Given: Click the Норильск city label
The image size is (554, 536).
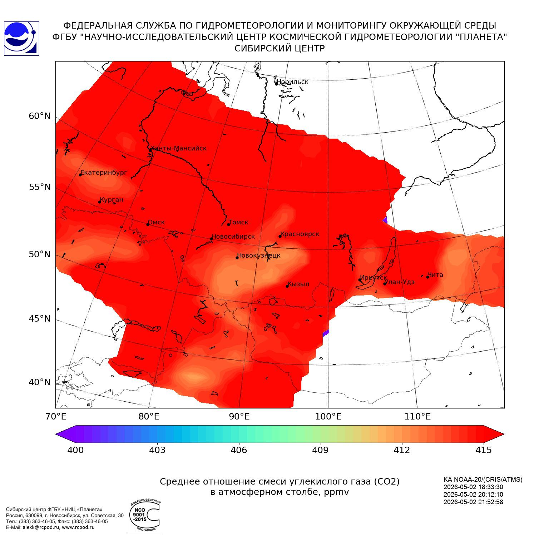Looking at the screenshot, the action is pyautogui.click(x=292, y=82).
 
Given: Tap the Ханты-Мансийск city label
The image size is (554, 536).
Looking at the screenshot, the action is pyautogui.click(x=179, y=148).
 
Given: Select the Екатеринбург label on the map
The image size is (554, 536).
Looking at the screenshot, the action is pyautogui.click(x=104, y=173).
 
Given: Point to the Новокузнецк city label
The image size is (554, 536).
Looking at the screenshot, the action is pyautogui.click(x=259, y=255).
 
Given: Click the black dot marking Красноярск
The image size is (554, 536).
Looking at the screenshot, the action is pyautogui.click(x=280, y=236).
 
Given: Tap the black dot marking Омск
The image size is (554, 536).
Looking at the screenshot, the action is pyautogui.click(x=148, y=224).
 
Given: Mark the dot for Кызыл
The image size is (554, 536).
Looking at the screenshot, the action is pyautogui.click(x=287, y=286).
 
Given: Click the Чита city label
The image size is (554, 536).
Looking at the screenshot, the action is pyautogui.click(x=435, y=275).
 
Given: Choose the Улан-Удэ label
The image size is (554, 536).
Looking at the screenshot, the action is pyautogui.click(x=400, y=282).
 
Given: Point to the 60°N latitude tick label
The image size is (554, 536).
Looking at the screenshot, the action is pyautogui.click(x=40, y=116).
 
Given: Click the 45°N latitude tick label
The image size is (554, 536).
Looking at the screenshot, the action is pyautogui.click(x=40, y=318).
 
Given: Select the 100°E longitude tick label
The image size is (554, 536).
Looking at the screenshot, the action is pyautogui.click(x=328, y=416).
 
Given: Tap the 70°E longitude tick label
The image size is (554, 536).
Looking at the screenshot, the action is pyautogui.click(x=56, y=416).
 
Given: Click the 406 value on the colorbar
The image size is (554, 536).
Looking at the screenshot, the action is pyautogui.click(x=239, y=450).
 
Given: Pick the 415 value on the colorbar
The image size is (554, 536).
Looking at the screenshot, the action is pyautogui.click(x=484, y=450).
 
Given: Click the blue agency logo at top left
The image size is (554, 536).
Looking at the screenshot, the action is pyautogui.click(x=21, y=39).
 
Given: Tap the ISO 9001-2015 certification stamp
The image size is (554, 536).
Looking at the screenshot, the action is pyautogui.click(x=144, y=515).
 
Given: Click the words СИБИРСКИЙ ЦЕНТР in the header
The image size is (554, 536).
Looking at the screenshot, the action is pyautogui.click(x=280, y=49).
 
